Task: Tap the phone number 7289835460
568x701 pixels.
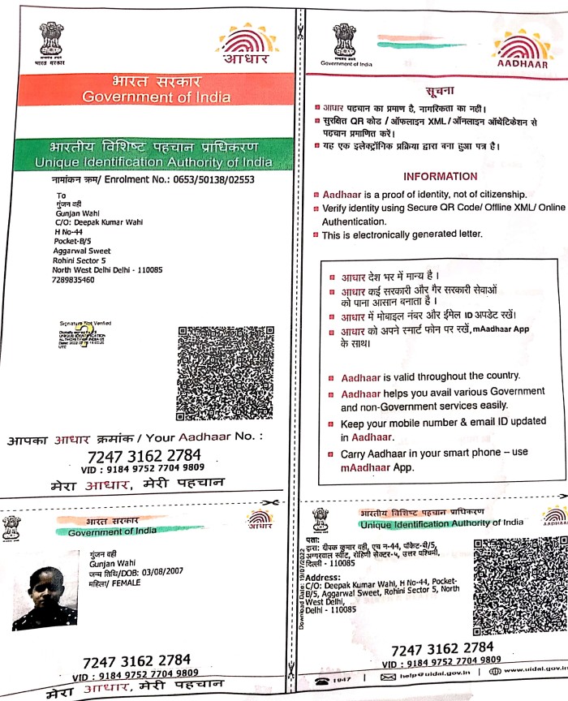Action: tap(72, 280)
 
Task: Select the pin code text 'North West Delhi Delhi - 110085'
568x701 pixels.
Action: tap(107, 269)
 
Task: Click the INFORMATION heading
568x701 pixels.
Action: tap(440, 176)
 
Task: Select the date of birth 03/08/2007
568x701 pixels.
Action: tap(144, 572)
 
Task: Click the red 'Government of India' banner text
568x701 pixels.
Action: tap(156, 97)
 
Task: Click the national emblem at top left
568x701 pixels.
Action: tap(50, 41)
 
